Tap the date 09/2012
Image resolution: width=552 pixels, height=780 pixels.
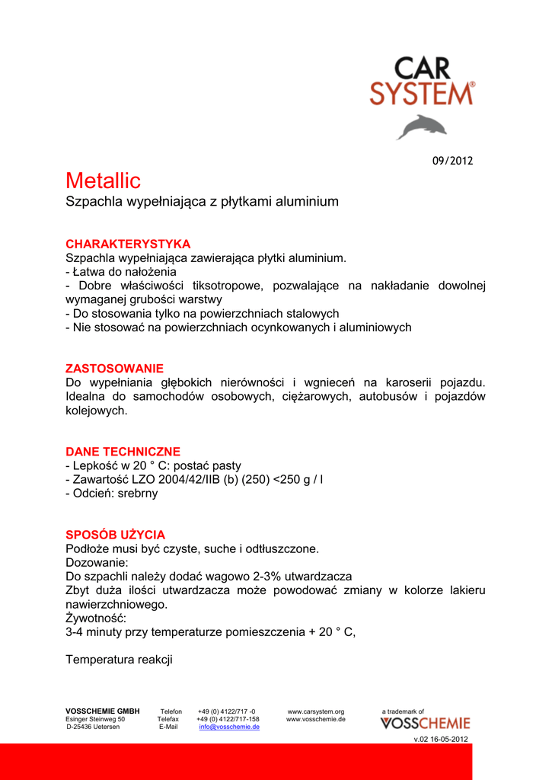click(x=453, y=161)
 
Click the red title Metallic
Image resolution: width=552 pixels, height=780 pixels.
click(x=103, y=181)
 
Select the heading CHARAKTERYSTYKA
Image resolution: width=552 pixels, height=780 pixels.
click(x=128, y=244)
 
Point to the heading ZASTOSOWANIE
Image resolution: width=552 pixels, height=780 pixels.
click(x=114, y=368)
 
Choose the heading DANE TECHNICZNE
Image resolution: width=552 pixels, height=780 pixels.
click(x=123, y=451)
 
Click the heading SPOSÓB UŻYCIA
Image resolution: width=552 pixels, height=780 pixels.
click(x=115, y=535)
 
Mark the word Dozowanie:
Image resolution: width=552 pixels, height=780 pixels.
click(x=97, y=563)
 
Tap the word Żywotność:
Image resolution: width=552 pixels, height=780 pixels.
click(x=96, y=618)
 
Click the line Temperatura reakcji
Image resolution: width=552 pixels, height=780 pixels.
click(x=120, y=660)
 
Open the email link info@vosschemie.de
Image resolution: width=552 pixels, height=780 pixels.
click(x=229, y=727)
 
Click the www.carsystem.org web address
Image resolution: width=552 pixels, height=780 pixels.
click(x=316, y=711)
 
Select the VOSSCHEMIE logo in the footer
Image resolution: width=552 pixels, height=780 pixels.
click(x=425, y=723)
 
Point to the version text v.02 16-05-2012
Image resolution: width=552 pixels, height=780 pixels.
click(x=441, y=740)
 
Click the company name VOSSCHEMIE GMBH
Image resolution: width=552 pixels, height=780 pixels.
click(x=102, y=711)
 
